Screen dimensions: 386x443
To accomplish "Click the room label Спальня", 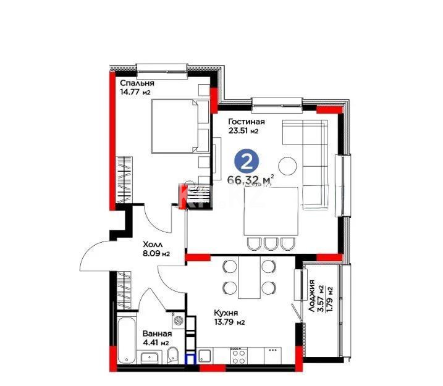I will tap(137, 83).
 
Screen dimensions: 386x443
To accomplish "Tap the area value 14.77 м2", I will tap(135, 93).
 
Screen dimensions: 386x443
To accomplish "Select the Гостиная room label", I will tap(247, 122).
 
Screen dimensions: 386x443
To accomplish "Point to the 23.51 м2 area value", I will tap(243, 132).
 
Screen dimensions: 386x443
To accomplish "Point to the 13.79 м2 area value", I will tap(229, 322).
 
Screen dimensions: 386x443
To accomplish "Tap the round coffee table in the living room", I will tap(288, 166).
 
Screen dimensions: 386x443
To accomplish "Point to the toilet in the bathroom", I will tap(174, 356).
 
